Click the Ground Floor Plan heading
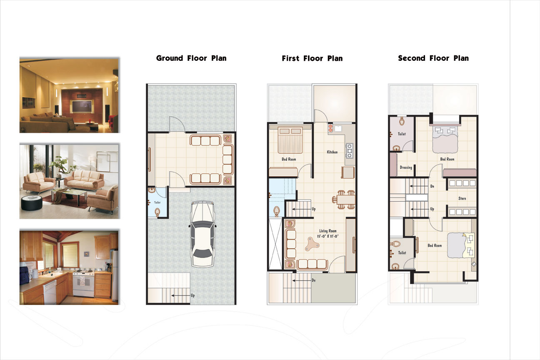(x=191, y=58)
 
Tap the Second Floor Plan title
(x=433, y=58)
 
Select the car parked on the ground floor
(x=202, y=234)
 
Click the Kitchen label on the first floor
(x=332, y=152)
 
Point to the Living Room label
(x=327, y=231)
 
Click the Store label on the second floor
(x=462, y=198)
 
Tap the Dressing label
(x=406, y=167)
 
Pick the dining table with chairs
(x=344, y=200)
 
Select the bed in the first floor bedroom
(x=290, y=140)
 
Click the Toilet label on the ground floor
(x=157, y=202)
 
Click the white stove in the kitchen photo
(x=83, y=284)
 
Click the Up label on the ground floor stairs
(x=192, y=295)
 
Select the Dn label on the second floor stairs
(x=432, y=186)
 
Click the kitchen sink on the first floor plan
(x=338, y=128)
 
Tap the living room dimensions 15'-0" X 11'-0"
(x=327, y=236)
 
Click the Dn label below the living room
(x=314, y=280)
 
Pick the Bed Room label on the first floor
(x=289, y=159)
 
